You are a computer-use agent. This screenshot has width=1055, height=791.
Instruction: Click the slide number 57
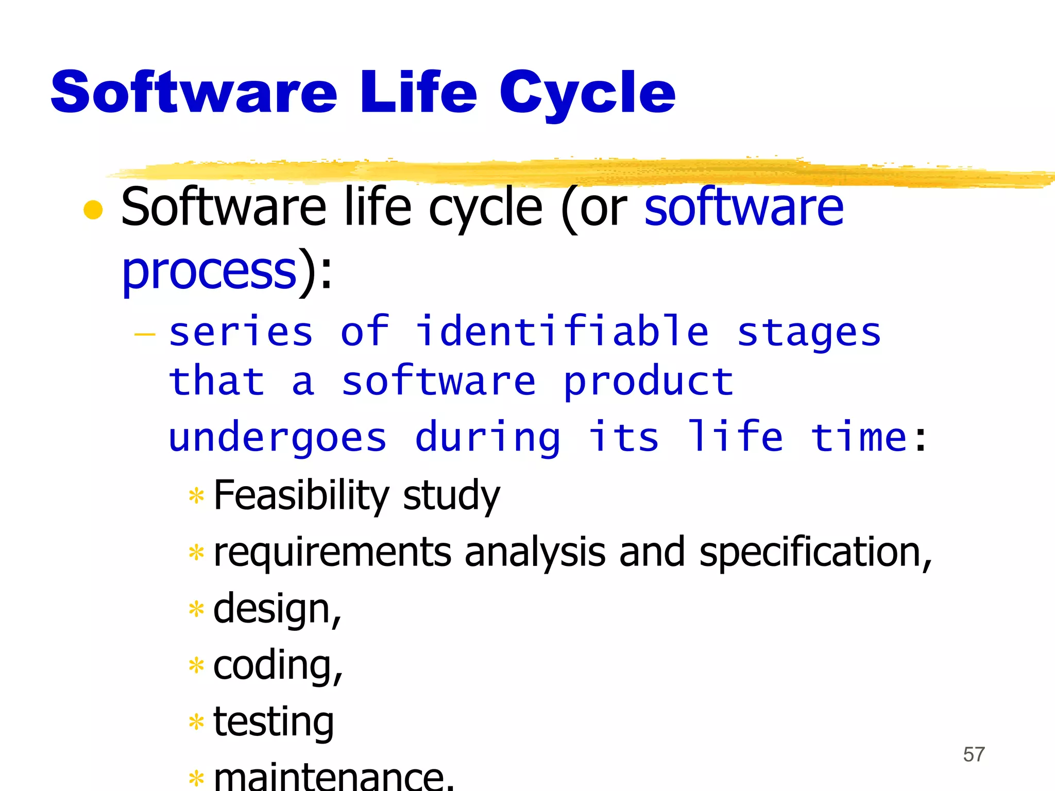click(974, 754)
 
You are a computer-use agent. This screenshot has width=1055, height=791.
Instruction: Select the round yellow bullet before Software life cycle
click(93, 210)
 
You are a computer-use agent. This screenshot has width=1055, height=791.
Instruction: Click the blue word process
click(209, 271)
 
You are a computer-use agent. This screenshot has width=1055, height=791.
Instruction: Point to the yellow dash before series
click(145, 335)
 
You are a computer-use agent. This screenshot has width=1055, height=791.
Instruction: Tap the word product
click(649, 382)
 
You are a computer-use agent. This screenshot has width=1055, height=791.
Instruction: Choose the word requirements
click(332, 552)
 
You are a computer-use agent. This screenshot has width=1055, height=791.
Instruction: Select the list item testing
click(273, 722)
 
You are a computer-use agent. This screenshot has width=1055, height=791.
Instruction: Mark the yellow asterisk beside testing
click(196, 722)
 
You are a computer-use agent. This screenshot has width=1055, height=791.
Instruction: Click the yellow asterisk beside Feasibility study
click(196, 496)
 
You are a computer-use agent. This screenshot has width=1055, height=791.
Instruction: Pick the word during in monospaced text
click(487, 438)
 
